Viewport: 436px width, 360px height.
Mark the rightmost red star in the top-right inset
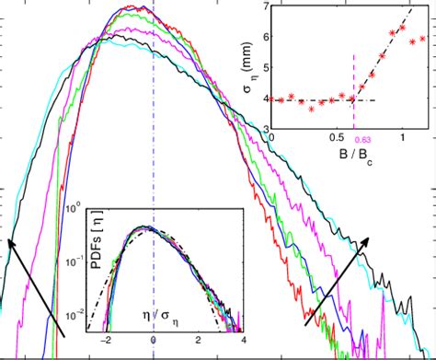coord(422,39)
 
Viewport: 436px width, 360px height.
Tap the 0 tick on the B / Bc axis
coord(272,139)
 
